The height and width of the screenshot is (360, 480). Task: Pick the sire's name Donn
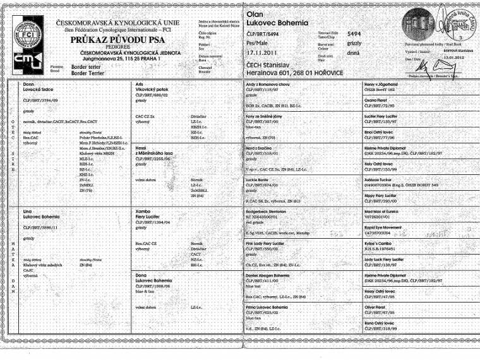pyautogui.click(x=28, y=83)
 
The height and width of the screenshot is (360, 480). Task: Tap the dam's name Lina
pyautogui.click(x=28, y=208)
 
